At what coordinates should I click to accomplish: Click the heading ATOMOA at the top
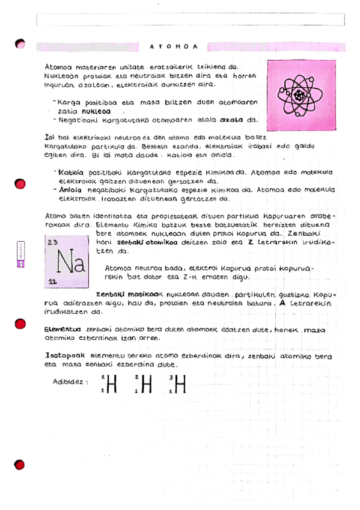(x=173, y=46)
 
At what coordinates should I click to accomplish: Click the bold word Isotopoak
(x=65, y=356)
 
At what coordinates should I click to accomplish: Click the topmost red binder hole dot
(x=20, y=43)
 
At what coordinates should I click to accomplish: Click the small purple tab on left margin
(x=20, y=256)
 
